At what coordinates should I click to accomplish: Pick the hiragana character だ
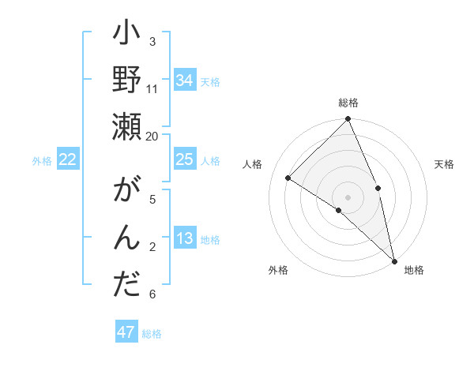[x=127, y=284]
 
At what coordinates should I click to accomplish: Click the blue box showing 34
[x=184, y=81]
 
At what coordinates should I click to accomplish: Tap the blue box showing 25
[x=184, y=160]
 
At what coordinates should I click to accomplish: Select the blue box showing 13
[x=184, y=239]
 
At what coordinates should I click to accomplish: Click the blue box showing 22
[x=68, y=160]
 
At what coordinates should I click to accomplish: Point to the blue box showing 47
[x=126, y=332]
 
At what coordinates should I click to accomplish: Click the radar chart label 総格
[x=348, y=103]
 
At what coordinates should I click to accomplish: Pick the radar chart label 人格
[x=253, y=164]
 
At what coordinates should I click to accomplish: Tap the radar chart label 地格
[x=414, y=270]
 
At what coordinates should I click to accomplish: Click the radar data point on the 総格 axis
[x=348, y=120]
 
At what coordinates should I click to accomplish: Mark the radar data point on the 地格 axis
[x=394, y=260]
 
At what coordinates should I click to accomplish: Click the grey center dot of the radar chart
[x=348, y=196]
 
